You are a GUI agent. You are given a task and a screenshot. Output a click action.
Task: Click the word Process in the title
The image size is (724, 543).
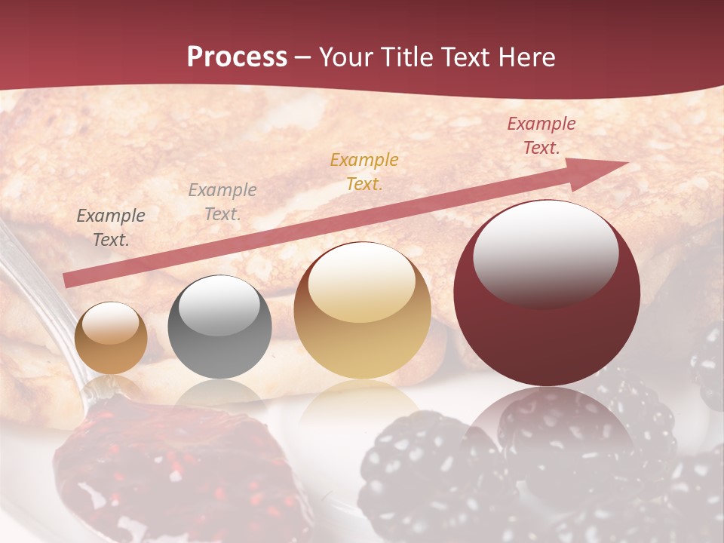(237, 57)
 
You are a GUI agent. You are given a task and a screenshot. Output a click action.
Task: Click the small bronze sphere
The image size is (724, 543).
(112, 338)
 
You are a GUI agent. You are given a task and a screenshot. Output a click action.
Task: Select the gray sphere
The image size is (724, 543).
(219, 327)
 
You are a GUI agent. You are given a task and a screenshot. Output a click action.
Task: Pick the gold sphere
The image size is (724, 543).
(363, 310)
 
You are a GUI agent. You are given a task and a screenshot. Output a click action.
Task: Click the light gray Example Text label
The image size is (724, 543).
(222, 201)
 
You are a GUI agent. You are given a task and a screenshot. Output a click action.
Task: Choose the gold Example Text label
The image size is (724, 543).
(364, 171)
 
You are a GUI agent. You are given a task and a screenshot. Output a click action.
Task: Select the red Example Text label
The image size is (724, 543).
(541, 136)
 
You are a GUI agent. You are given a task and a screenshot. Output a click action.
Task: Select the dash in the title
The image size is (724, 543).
(303, 57)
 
